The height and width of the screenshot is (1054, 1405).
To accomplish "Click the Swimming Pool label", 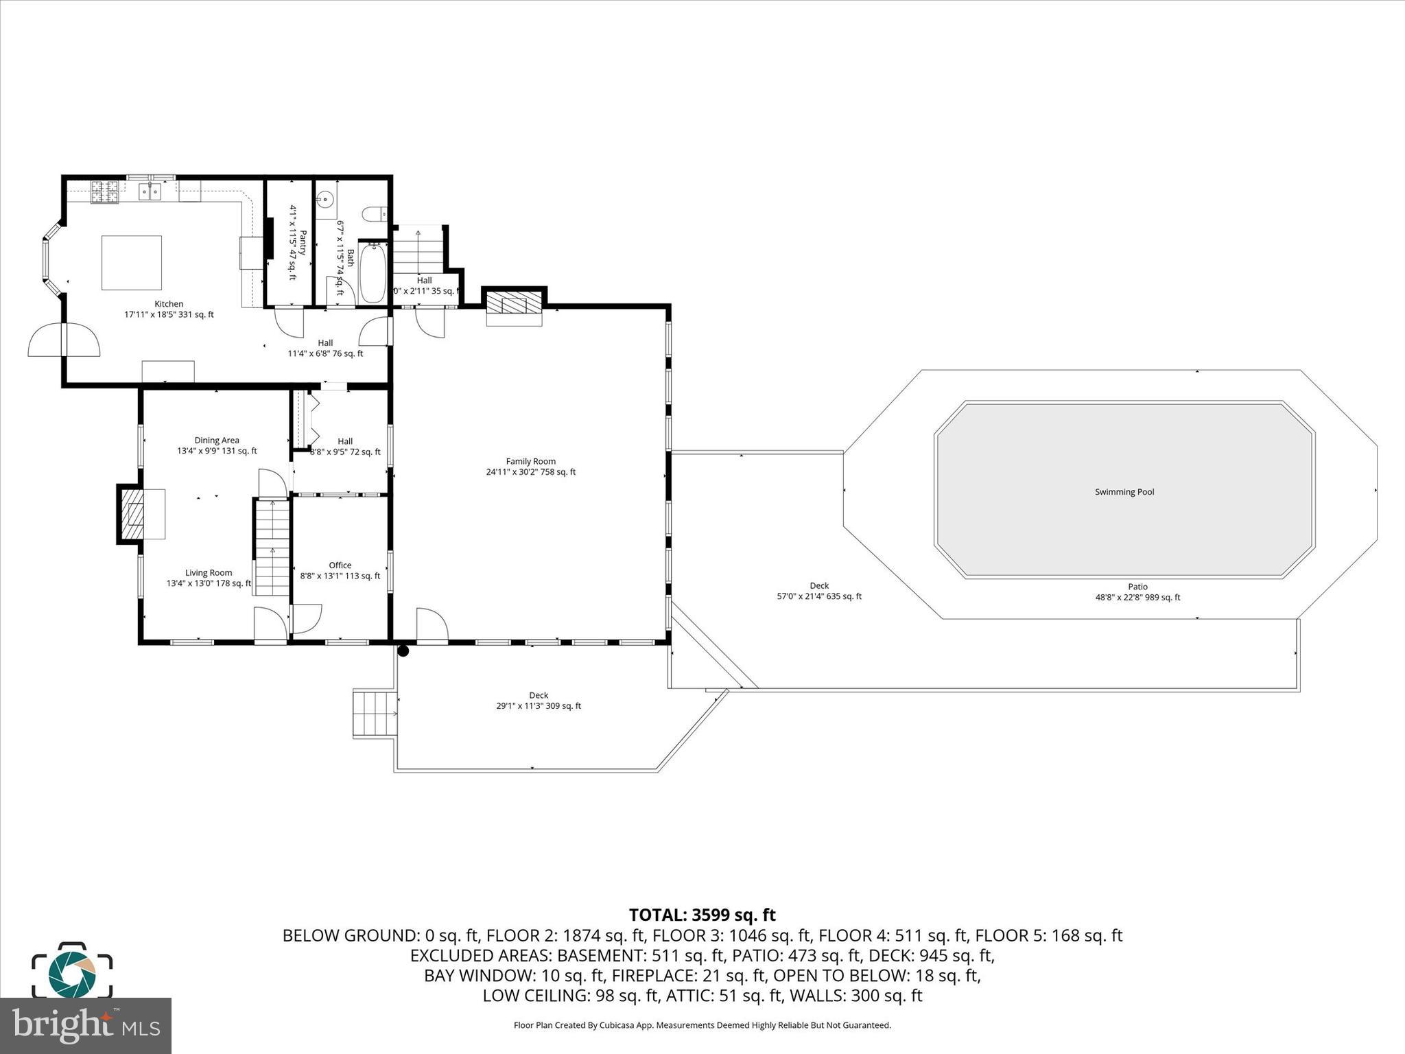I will coord(1124,492).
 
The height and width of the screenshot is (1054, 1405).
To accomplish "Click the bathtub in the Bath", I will coord(373,272).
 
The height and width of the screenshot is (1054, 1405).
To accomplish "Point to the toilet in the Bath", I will coord(377,215).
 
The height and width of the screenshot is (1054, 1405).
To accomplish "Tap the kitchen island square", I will coord(132,263).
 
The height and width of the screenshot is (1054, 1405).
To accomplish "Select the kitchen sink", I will coord(151,191).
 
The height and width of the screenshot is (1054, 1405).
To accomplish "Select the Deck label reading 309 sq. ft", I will coord(539,701).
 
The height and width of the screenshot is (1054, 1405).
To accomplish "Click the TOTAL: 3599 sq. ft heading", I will coord(702,915).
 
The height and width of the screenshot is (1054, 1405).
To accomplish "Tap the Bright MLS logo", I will coord(85,1025).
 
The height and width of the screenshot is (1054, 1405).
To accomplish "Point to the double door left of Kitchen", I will coord(64,340).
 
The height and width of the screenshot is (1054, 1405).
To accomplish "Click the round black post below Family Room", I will coord(403,651).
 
